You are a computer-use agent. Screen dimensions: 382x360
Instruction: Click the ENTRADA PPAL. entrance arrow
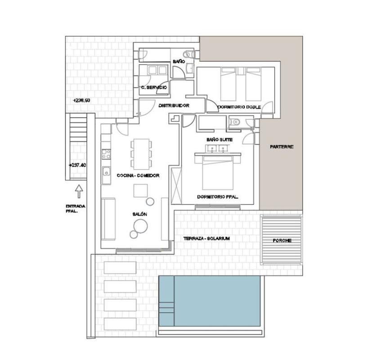click(x=79, y=191)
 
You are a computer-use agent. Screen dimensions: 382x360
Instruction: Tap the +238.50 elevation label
click(x=81, y=100)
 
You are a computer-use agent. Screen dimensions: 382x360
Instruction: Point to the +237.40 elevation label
click(x=77, y=165)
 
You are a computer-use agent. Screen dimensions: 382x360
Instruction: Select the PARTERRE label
click(x=281, y=147)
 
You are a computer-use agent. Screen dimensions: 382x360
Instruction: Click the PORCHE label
click(x=282, y=241)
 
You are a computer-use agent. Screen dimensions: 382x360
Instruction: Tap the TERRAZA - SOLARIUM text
click(x=207, y=238)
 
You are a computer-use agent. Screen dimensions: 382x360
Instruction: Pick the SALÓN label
click(x=139, y=214)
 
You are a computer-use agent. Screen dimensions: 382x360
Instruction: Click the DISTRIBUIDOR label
click(x=174, y=105)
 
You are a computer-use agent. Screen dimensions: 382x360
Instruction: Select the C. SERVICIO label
click(x=154, y=87)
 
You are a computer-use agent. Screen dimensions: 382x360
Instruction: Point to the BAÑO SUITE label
click(x=220, y=139)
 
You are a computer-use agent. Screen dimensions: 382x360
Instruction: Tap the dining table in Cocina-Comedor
click(x=141, y=154)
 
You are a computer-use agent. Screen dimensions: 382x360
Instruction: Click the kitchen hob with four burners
click(x=106, y=154)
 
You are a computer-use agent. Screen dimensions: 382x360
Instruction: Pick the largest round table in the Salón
click(x=140, y=226)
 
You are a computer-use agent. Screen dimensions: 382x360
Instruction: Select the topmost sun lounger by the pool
click(x=120, y=267)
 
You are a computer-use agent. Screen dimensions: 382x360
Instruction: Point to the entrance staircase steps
click(x=78, y=130)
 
